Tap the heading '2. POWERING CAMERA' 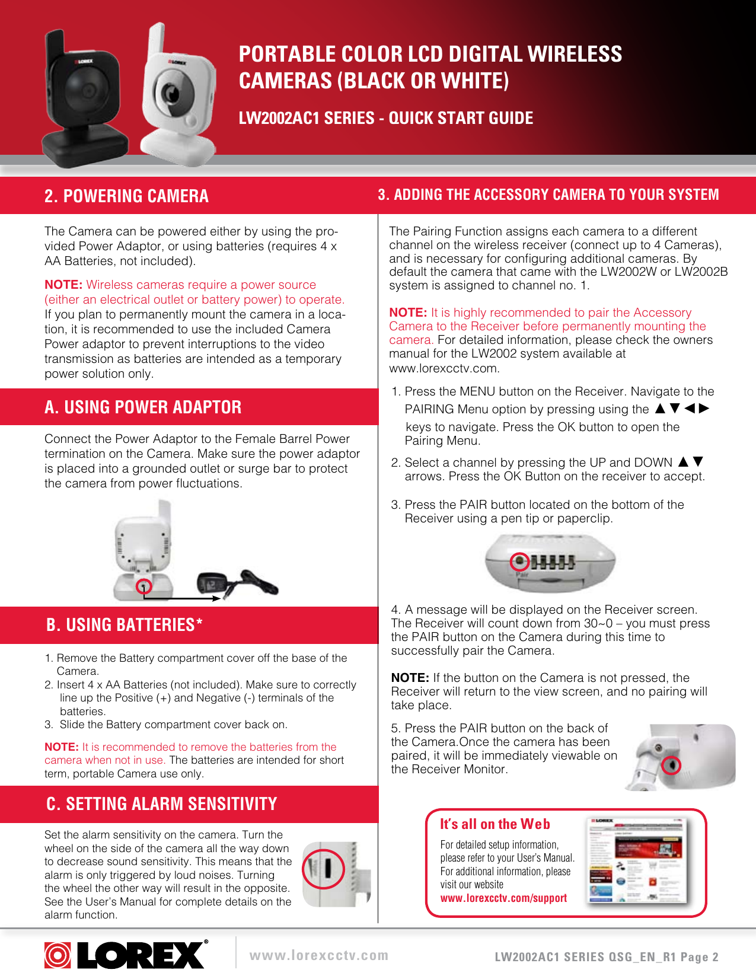(126, 196)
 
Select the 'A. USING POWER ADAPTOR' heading (143, 407)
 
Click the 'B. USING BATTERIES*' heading (125, 625)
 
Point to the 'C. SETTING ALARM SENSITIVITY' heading (161, 804)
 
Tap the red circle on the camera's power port (144, 586)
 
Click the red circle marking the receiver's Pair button (520, 562)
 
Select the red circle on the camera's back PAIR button (671, 766)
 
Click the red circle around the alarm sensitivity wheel (323, 869)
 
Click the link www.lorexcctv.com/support (503, 898)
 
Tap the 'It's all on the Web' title (495, 824)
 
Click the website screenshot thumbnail (635, 860)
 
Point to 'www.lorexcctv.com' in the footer (319, 955)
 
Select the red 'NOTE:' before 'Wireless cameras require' (63, 285)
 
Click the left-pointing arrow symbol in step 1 (690, 409)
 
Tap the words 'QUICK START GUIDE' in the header (461, 118)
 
